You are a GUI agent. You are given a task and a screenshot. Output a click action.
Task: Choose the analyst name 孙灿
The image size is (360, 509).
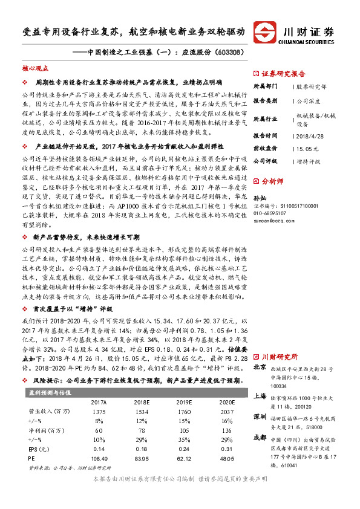click(x=259, y=215)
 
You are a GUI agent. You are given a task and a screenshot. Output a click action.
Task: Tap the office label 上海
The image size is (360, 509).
click(x=259, y=397)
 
